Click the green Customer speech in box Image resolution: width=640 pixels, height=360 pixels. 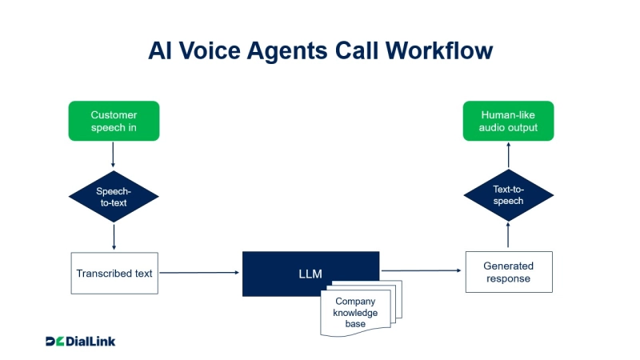114,121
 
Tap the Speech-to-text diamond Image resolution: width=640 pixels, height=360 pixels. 114,197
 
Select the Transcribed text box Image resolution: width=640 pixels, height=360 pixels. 114,273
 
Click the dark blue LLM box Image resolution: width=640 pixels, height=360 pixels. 310,274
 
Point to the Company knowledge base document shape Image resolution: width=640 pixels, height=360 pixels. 356,313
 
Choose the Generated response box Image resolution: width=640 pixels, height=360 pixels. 508,272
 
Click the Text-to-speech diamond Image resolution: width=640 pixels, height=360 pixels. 508,196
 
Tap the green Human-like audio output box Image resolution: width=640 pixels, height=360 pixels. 509,121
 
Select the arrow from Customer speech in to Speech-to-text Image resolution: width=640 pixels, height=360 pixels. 114,154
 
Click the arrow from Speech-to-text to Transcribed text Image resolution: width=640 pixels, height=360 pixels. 114,237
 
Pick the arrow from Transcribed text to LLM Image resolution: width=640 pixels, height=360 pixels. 199,273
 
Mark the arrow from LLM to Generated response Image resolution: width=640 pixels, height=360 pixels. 422,272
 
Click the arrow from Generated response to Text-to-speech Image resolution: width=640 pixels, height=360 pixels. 508,237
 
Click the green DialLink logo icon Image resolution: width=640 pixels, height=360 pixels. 54,342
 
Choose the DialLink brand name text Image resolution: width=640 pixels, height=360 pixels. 91,342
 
